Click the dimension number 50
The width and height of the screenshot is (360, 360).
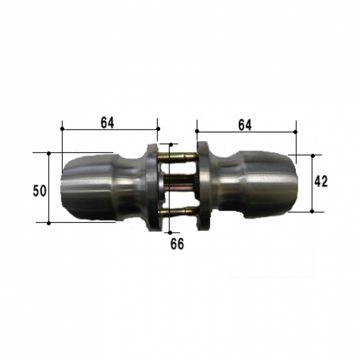40,191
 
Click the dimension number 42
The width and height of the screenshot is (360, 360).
321,181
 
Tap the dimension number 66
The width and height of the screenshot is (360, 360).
177,244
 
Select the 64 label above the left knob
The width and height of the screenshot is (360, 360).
107,123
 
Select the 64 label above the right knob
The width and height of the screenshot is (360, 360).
245,125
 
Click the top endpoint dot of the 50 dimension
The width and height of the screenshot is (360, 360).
49,153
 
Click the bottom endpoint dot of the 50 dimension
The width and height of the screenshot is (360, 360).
49,223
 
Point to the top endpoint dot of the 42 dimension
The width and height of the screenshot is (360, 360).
313,155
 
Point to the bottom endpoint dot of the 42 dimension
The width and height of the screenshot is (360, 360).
312,211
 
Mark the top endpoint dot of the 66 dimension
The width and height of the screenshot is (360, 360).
171,145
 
